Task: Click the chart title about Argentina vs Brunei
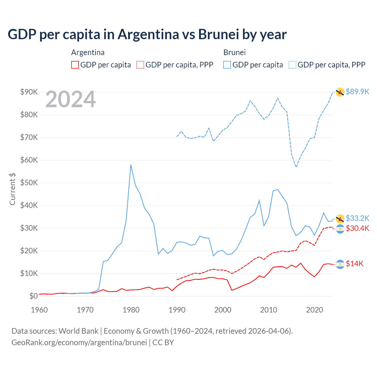tap(147, 34)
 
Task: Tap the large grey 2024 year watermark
tap(71, 99)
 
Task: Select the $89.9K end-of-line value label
tap(357, 92)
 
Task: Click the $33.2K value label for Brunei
tap(357, 218)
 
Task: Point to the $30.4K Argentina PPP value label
tap(357, 228)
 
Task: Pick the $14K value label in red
tap(355, 264)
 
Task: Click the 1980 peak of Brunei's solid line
tap(131, 165)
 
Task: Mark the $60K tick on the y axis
tap(29, 160)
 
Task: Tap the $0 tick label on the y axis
tap(34, 296)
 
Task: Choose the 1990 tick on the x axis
tap(177, 310)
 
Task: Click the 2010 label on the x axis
tap(269, 310)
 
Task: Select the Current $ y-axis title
tap(12, 189)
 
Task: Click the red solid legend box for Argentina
tap(75, 65)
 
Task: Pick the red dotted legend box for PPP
tap(140, 65)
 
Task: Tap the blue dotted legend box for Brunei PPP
tap(292, 65)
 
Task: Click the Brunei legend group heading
tap(234, 52)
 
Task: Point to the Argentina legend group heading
tap(88, 52)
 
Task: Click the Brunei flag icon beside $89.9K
tap(340, 92)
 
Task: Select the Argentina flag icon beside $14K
tap(340, 264)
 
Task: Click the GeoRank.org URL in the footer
tap(79, 343)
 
